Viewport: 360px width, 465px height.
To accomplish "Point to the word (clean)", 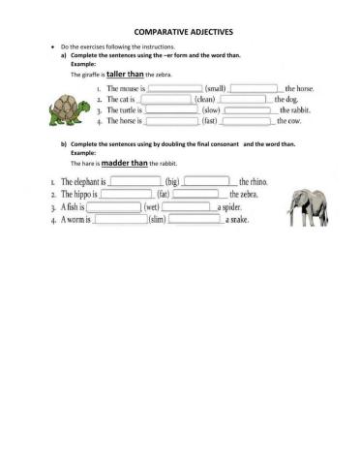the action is point(205,99).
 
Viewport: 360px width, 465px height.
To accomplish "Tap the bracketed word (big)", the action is point(172,181).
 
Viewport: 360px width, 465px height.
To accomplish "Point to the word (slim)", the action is point(157,220).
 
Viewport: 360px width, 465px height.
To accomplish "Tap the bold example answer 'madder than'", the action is point(123,165).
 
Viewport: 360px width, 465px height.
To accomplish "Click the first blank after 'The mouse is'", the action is point(174,88).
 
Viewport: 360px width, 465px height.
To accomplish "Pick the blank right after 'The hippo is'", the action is point(127,194).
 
